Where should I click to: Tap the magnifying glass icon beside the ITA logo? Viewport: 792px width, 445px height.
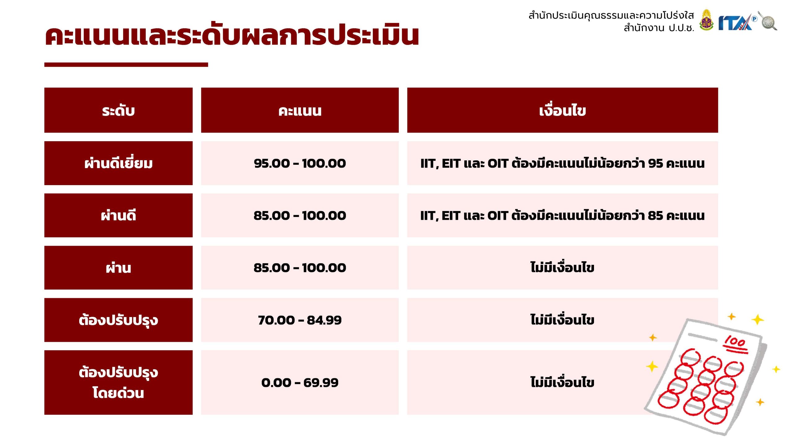pyautogui.click(x=768, y=21)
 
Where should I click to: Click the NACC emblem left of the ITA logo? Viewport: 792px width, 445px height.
pyautogui.click(x=706, y=20)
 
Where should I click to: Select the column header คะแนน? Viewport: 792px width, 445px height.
pyautogui.click(x=300, y=110)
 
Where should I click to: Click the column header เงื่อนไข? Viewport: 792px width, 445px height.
pyautogui.click(x=562, y=110)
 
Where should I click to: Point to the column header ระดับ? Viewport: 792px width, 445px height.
pyautogui.click(x=118, y=110)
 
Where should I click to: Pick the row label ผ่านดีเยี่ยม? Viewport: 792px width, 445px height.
pyautogui.click(x=118, y=163)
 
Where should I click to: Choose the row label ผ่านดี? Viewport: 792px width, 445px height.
pyautogui.click(x=118, y=215)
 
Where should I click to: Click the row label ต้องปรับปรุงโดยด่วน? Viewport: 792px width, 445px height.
pyautogui.click(x=118, y=382)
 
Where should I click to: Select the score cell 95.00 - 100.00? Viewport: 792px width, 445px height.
pyautogui.click(x=300, y=163)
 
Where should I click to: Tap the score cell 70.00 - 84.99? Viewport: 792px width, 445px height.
pyautogui.click(x=300, y=320)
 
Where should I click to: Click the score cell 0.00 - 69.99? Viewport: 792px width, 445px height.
pyautogui.click(x=300, y=382)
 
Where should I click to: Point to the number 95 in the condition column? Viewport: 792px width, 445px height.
pyautogui.click(x=656, y=163)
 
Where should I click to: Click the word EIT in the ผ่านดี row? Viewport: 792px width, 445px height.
pyautogui.click(x=451, y=216)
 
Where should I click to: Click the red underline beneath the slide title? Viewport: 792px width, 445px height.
pyautogui.click(x=126, y=65)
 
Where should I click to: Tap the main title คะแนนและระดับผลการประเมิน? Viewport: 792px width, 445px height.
pyautogui.click(x=232, y=35)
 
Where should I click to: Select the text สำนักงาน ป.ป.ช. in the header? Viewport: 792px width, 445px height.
pyautogui.click(x=659, y=28)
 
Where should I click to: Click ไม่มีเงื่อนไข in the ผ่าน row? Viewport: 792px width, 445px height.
pyautogui.click(x=562, y=267)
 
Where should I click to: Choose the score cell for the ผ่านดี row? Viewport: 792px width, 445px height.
pyautogui.click(x=300, y=215)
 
